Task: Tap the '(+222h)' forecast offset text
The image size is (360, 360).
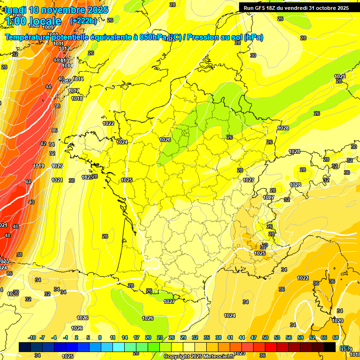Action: tap(83, 21)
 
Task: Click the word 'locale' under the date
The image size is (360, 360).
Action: tap(45, 21)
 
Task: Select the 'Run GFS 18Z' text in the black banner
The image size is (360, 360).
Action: tap(262, 8)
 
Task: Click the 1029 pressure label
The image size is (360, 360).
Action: tap(339, 76)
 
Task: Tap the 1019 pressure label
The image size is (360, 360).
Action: tap(39, 166)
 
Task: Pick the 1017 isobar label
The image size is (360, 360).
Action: tap(74, 91)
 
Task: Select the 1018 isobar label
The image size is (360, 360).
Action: tap(77, 98)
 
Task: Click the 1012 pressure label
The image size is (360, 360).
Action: tap(65, 49)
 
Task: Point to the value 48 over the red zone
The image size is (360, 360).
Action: tap(7, 235)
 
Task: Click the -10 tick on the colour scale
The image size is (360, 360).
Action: tap(32, 337)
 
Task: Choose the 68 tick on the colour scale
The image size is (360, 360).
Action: tap(336, 337)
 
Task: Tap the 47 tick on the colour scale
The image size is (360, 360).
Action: tap(254, 337)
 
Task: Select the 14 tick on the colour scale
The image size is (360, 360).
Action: tap(125, 337)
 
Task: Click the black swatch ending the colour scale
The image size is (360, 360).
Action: tap(330, 347)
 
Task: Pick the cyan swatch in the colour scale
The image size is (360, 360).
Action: tap(119, 347)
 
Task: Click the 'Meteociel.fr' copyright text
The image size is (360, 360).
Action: tap(218, 356)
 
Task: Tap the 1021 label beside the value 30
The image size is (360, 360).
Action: tap(57, 180)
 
